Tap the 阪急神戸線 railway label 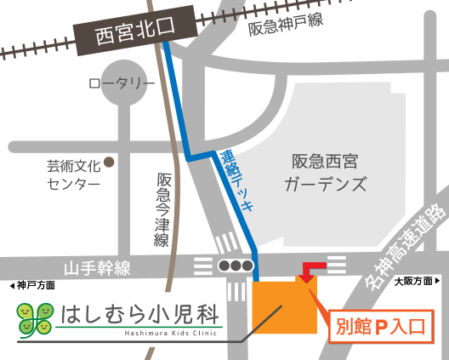click(x=286, y=25)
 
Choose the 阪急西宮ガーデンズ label click(x=326, y=172)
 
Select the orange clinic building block click(x=285, y=306)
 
